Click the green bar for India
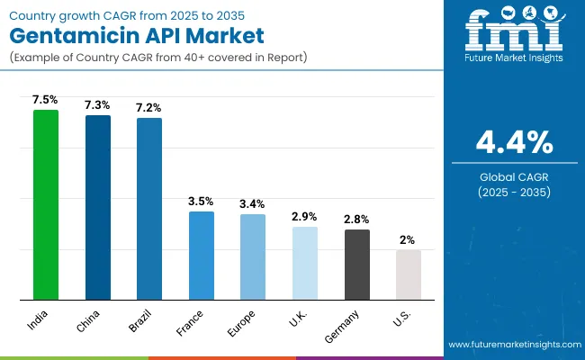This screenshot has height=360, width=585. pos(45,204)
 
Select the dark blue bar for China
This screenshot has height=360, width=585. pos(97,207)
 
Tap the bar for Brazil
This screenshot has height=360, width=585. pos(149,208)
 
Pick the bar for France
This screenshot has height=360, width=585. pos(201,255)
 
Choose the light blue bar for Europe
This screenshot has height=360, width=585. pos(253,256)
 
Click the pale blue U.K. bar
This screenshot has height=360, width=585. pos(305,263)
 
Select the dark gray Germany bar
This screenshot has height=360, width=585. pos(357,264)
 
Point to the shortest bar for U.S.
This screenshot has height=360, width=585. pos(409,274)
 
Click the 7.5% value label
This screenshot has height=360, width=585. pos(45,100)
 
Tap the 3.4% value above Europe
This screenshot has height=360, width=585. pos(253,203)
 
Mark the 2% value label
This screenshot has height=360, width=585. pos(409,239)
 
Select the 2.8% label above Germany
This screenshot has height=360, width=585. pos(357,219)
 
